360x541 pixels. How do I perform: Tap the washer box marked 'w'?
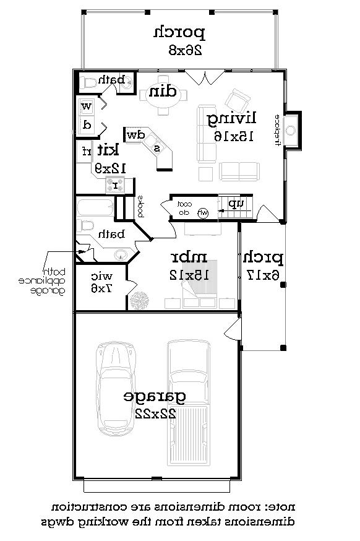(86, 106)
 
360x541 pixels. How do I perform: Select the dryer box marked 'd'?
(86, 125)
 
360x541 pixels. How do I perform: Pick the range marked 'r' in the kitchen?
(115, 184)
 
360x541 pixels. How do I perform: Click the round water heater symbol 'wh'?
(203, 213)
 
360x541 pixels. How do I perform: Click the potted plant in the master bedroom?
(140, 301)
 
